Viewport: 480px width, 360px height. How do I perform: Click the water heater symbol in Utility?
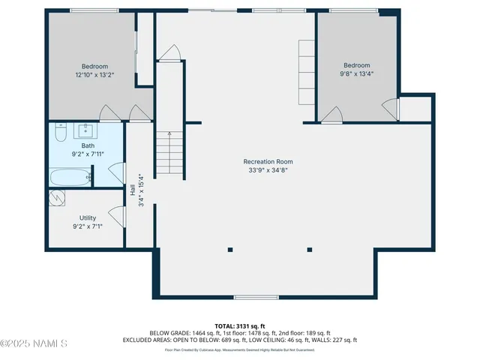click(x=58, y=197)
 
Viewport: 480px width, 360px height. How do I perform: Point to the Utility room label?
click(x=88, y=217)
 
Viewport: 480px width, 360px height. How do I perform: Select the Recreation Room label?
click(x=268, y=161)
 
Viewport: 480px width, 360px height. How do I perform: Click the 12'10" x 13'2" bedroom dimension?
click(x=94, y=75)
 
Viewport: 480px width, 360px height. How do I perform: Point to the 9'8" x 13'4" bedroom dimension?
click(x=357, y=74)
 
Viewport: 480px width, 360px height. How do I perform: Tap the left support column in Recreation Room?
click(x=230, y=249)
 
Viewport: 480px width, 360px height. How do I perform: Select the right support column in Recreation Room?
click(x=309, y=249)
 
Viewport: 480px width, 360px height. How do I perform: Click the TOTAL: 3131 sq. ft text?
click(x=240, y=326)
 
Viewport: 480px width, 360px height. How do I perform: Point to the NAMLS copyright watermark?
click(x=34, y=344)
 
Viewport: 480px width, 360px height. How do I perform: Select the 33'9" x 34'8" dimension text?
click(x=268, y=170)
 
